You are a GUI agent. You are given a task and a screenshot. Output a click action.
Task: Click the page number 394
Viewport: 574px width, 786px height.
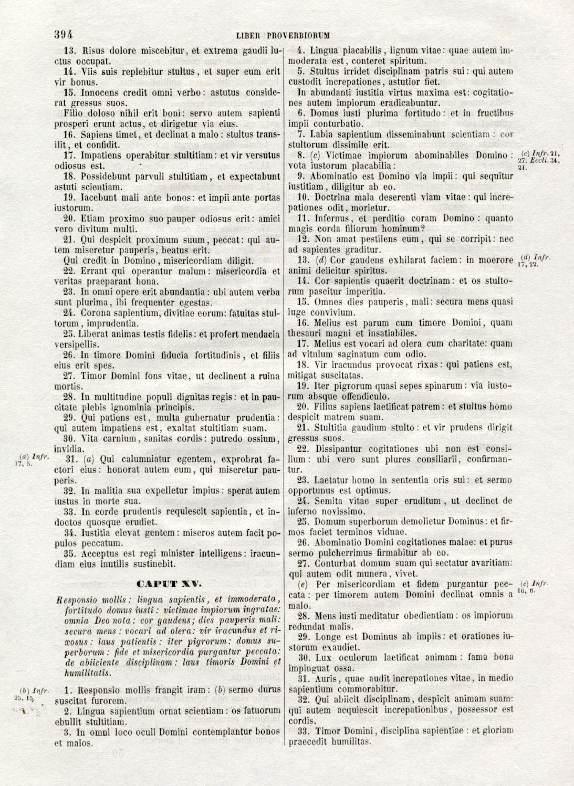(x=63, y=35)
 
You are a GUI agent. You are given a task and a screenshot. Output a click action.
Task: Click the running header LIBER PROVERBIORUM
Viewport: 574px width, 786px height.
(x=283, y=36)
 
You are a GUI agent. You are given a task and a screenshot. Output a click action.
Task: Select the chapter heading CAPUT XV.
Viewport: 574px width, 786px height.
(x=169, y=584)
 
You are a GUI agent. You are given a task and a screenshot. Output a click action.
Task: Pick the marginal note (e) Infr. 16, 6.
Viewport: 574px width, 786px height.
(x=533, y=587)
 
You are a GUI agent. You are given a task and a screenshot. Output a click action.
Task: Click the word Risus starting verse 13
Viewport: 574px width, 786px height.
(x=94, y=51)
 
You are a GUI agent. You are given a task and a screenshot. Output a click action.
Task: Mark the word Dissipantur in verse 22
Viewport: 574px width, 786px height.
(x=339, y=449)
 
